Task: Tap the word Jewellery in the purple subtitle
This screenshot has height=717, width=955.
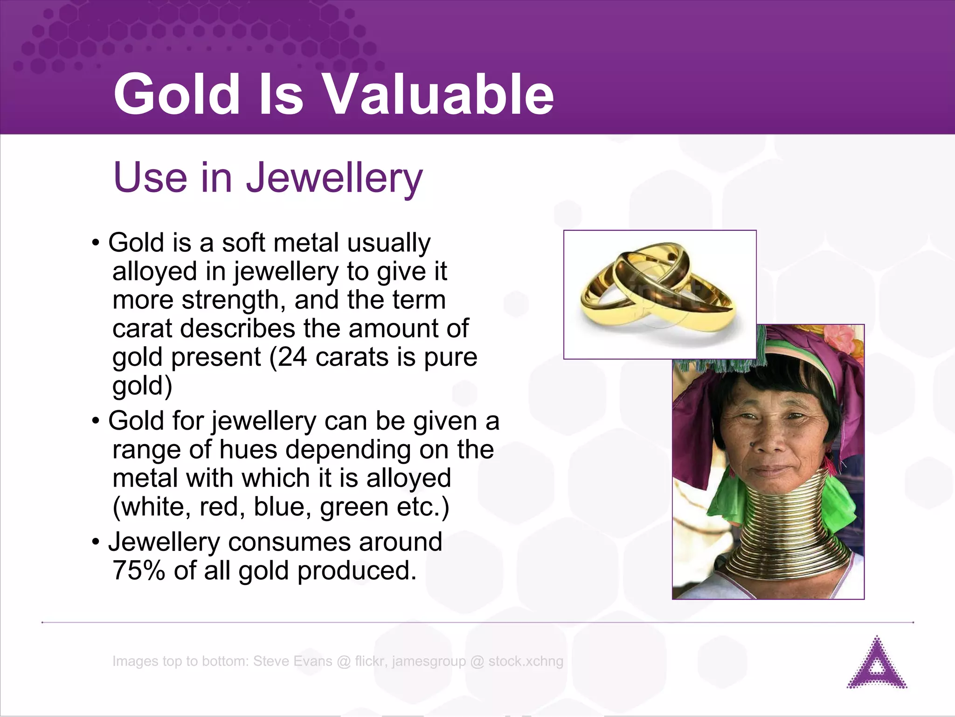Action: coord(334,178)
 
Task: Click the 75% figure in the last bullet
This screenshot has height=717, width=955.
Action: coord(138,571)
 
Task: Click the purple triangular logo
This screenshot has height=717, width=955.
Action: coord(877,663)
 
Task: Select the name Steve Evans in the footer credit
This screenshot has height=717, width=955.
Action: coord(293,661)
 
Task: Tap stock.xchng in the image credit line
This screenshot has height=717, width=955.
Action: coord(526,661)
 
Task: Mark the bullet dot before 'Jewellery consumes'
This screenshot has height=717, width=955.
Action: coord(96,542)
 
